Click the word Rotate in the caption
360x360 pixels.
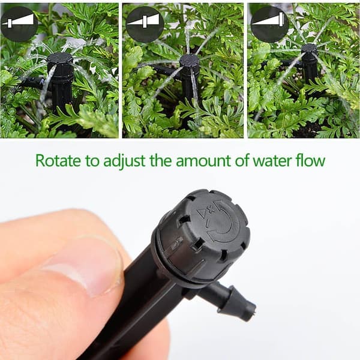[x=58, y=160]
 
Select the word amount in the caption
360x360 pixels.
[x=203, y=161]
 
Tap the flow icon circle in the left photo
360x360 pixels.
[x=19, y=24]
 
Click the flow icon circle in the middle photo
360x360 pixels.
[x=145, y=24]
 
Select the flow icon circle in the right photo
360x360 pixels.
[x=269, y=25]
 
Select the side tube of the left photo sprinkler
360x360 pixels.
[x=32, y=82]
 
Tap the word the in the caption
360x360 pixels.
[x=161, y=160]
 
